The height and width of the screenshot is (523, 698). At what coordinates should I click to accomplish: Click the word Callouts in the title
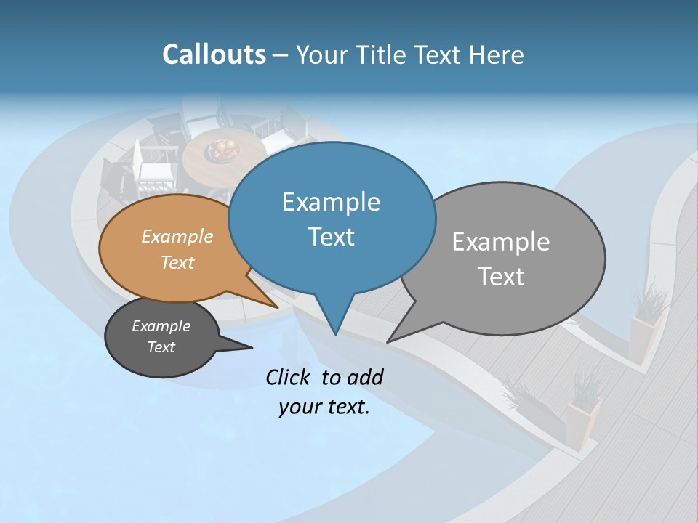pos(214,54)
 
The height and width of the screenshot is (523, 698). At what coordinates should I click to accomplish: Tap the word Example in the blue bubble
pos(331,202)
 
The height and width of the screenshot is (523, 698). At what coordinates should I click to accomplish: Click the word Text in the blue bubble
pos(331,237)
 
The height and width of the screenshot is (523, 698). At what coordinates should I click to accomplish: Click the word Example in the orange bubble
pos(177,236)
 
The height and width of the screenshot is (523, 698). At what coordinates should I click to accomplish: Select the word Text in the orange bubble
pos(177,262)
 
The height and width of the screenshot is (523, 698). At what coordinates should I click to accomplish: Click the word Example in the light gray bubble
pos(500,242)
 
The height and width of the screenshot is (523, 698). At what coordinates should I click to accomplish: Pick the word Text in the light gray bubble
pos(500,277)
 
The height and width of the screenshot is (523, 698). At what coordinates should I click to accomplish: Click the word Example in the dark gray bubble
pos(161,326)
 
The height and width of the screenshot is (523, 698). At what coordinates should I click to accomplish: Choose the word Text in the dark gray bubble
pos(161,347)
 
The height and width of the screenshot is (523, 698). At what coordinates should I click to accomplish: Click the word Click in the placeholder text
pos(290,377)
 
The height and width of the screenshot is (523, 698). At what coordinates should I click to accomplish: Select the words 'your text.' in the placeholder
pos(324,408)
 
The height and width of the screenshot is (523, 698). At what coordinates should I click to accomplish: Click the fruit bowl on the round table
pos(222,150)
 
